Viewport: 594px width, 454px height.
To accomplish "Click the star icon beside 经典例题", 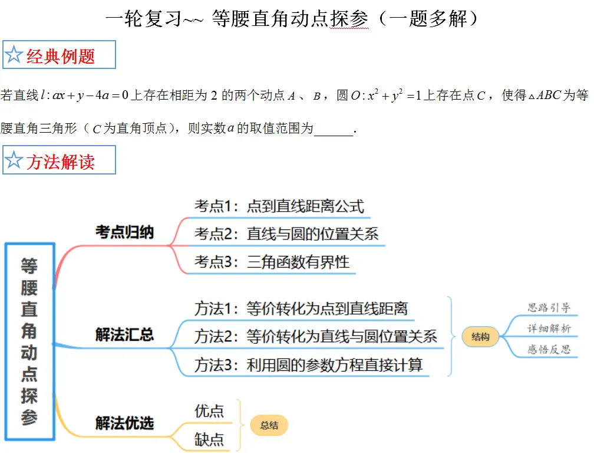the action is click(x=14, y=55).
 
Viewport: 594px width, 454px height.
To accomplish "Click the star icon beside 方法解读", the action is click(x=14, y=160).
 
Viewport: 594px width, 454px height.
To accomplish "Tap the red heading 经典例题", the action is click(x=61, y=57).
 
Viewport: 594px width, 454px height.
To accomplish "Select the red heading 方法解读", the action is click(x=61, y=162).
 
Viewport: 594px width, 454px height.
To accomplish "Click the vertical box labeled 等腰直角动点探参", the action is click(x=30, y=341).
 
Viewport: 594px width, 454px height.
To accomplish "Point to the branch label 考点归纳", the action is click(x=125, y=232).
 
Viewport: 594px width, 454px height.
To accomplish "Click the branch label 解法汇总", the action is click(x=125, y=335).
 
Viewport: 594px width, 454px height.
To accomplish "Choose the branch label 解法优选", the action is click(x=125, y=423).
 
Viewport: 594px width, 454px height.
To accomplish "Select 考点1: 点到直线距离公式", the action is click(x=279, y=206).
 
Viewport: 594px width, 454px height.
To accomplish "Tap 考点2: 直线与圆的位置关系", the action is click(x=287, y=234).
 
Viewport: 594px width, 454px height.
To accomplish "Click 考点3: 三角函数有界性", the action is click(x=272, y=262).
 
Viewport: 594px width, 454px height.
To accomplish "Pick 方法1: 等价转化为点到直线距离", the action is click(x=301, y=308).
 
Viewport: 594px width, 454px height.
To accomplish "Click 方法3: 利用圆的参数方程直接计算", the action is click(x=309, y=365).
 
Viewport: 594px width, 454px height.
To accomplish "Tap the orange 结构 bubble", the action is click(x=480, y=337).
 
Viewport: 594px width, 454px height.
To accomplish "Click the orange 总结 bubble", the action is click(x=269, y=425).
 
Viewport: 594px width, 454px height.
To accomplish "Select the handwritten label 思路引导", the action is click(x=549, y=307).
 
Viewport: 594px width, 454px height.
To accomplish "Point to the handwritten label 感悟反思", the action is click(x=549, y=349).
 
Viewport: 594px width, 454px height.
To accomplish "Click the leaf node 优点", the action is click(x=209, y=411).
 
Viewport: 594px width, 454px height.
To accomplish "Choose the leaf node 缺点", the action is click(x=209, y=440).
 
